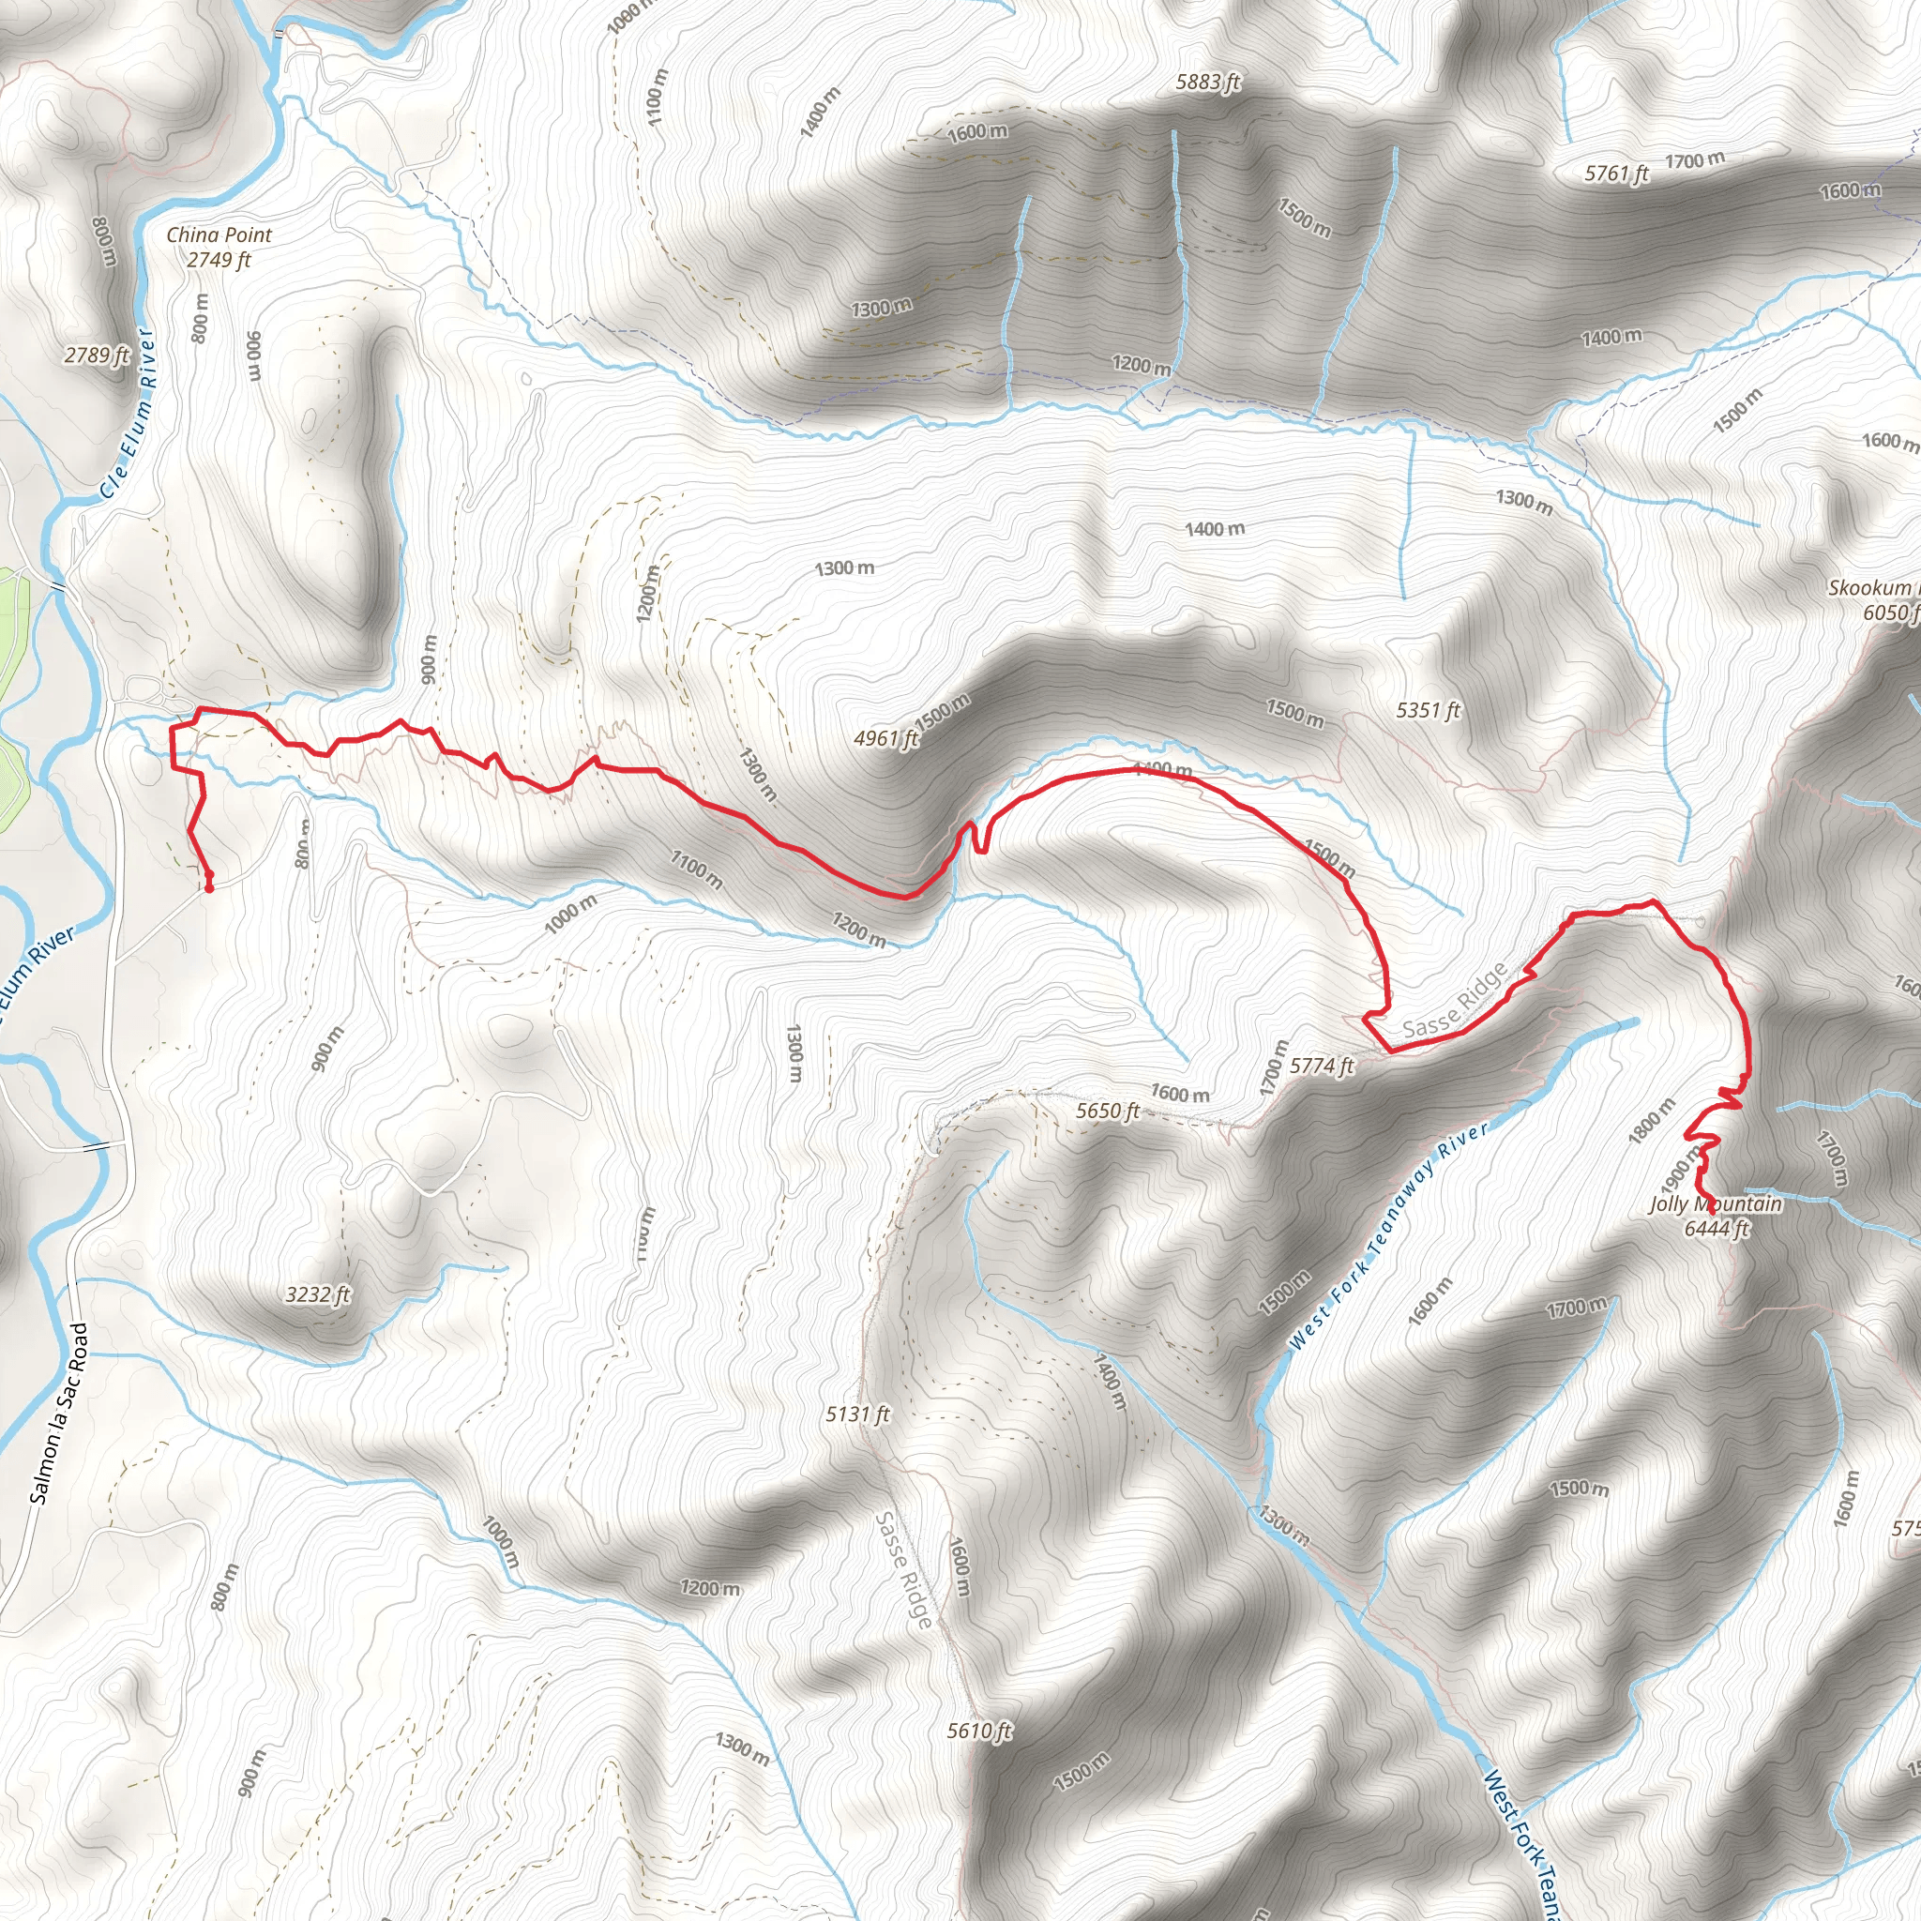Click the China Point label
[219, 235]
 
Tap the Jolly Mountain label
[1716, 1204]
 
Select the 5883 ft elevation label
[1207, 83]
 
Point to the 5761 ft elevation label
[1616, 174]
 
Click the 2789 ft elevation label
[97, 355]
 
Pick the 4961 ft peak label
[885, 738]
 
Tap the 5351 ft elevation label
[1428, 710]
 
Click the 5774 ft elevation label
[1322, 1066]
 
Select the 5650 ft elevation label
[1108, 1111]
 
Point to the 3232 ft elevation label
[317, 1294]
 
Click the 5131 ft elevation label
[857, 1414]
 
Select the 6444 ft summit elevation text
[1716, 1229]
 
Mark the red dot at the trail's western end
[210, 885]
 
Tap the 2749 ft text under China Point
[219, 261]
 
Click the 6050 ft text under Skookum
[1890, 613]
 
